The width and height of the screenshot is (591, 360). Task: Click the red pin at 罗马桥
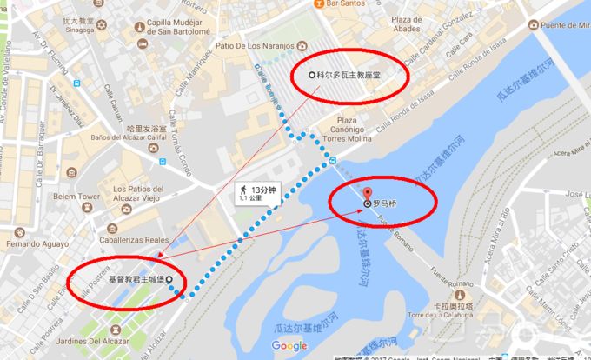click(x=367, y=193)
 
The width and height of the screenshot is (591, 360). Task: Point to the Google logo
click(x=289, y=346)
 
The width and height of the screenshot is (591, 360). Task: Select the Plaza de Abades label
click(x=388, y=23)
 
